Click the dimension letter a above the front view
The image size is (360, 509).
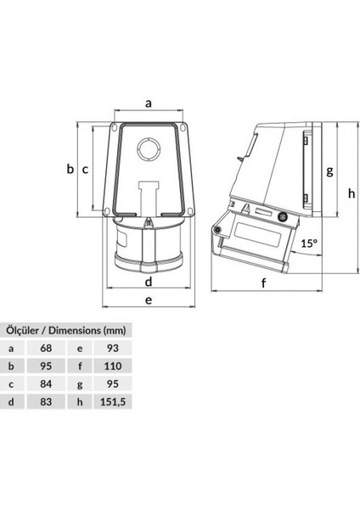pos(148,103)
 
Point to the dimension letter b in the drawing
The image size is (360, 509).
pos(71,169)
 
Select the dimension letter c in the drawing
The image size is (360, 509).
pos(85,169)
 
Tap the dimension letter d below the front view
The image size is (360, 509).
pos(148,281)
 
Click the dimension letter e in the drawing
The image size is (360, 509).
pos(148,299)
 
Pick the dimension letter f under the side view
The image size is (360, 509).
pos(263,282)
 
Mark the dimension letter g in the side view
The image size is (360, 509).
pos(329,169)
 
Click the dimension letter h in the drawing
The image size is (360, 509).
pos(351,193)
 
